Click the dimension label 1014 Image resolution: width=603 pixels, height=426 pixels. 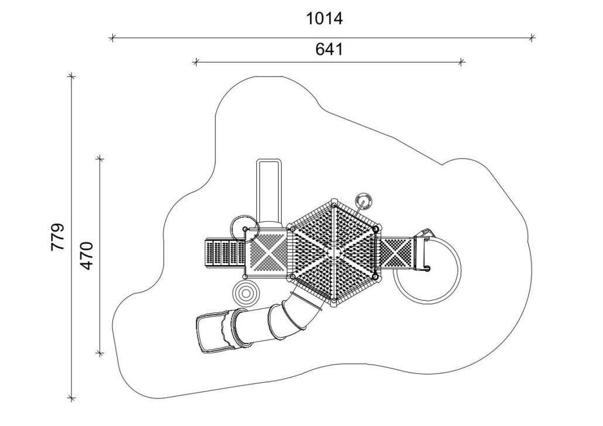[324, 18]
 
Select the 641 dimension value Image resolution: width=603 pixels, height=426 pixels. [329, 49]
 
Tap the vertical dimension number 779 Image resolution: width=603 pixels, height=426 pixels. [58, 237]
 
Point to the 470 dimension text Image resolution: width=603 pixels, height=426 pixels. [87, 256]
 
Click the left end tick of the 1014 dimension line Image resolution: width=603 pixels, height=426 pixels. [112, 37]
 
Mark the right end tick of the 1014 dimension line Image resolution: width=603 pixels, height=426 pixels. [532, 37]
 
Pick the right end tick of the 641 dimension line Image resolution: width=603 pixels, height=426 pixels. [462, 61]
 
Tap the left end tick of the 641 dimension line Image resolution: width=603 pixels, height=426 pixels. [196, 61]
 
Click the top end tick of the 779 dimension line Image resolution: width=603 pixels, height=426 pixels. [71, 76]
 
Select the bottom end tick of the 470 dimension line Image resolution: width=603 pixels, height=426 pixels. [100, 353]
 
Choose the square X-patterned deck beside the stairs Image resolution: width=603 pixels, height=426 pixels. [268, 253]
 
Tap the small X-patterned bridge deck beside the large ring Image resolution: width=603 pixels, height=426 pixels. [396, 253]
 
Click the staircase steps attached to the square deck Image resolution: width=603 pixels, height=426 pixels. [225, 253]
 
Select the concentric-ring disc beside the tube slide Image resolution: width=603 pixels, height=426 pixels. [246, 293]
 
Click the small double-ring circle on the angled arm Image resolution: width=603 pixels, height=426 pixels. [363, 201]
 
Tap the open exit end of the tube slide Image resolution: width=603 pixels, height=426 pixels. [211, 332]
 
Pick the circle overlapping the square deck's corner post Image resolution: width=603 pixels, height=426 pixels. [245, 229]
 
